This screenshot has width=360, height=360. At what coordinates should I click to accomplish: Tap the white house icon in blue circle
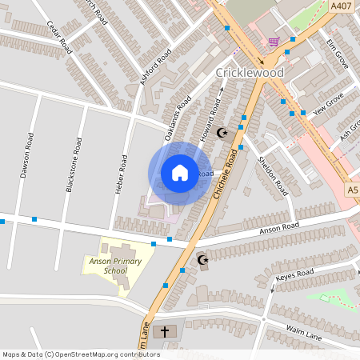(180, 173)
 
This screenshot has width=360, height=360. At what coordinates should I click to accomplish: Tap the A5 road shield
(354, 190)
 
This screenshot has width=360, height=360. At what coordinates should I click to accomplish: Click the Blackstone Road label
(74, 165)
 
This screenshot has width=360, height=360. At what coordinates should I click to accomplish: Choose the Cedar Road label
(59, 37)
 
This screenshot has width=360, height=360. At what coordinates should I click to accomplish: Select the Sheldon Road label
(273, 175)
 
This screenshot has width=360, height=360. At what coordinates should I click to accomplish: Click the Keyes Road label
(295, 274)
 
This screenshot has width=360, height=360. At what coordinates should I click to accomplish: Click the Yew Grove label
(328, 104)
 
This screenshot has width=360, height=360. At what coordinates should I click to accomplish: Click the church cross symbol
(166, 331)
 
